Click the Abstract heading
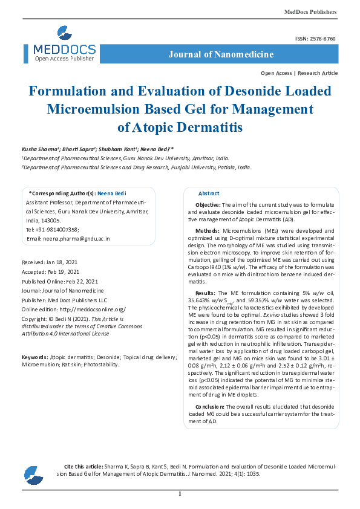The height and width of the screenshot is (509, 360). coord(209,193)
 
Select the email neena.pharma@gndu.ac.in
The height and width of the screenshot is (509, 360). coord(75,239)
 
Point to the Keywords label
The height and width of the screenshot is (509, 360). coord(34,357)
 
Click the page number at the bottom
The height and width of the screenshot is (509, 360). coord(180,494)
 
